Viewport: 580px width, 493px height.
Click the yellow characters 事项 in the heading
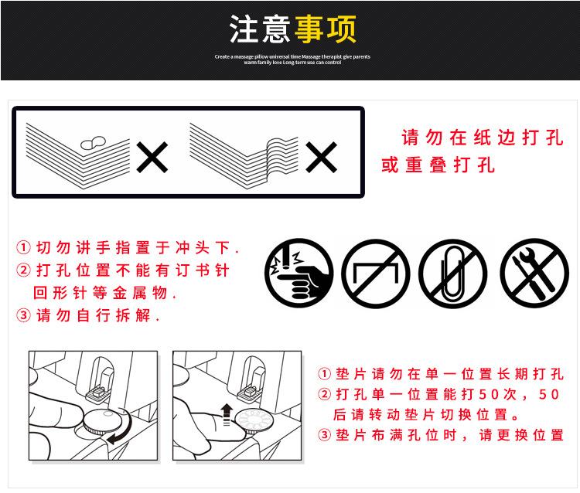[x=325, y=29]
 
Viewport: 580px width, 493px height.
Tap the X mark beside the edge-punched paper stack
[x=152, y=158]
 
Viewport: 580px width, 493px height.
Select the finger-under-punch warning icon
[x=299, y=273]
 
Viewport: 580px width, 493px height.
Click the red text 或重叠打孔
[x=438, y=165]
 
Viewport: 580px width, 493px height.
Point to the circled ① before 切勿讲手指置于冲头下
[x=24, y=249]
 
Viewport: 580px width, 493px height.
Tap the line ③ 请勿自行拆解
[x=89, y=315]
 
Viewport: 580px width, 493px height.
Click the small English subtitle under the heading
[x=292, y=59]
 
